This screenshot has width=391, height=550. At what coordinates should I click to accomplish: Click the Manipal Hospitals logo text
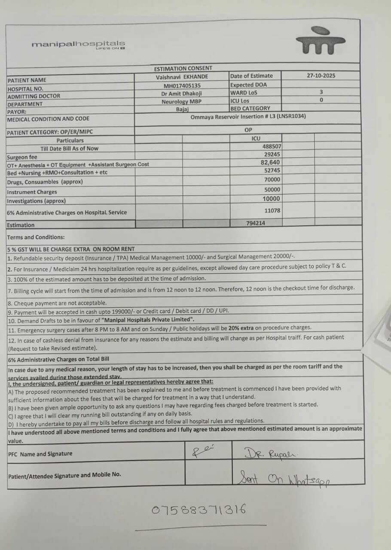coord(78,44)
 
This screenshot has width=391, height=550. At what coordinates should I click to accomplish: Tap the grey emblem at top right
coord(320,41)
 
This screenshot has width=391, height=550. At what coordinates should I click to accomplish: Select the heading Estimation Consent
coord(183,68)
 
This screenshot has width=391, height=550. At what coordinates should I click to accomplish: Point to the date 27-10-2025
coord(321,76)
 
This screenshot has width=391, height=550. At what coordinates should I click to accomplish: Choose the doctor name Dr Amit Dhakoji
coord(182,94)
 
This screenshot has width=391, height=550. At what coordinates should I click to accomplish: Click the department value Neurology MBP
coord(181,102)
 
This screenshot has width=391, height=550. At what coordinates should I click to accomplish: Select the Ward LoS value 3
coord(321,92)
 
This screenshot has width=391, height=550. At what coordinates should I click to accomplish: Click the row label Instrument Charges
coord(32,192)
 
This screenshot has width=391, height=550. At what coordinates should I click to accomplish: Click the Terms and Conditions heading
coord(36,237)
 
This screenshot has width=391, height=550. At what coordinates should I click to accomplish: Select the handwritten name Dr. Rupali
coord(264,453)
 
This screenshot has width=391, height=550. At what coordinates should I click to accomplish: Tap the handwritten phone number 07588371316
coord(199,510)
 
